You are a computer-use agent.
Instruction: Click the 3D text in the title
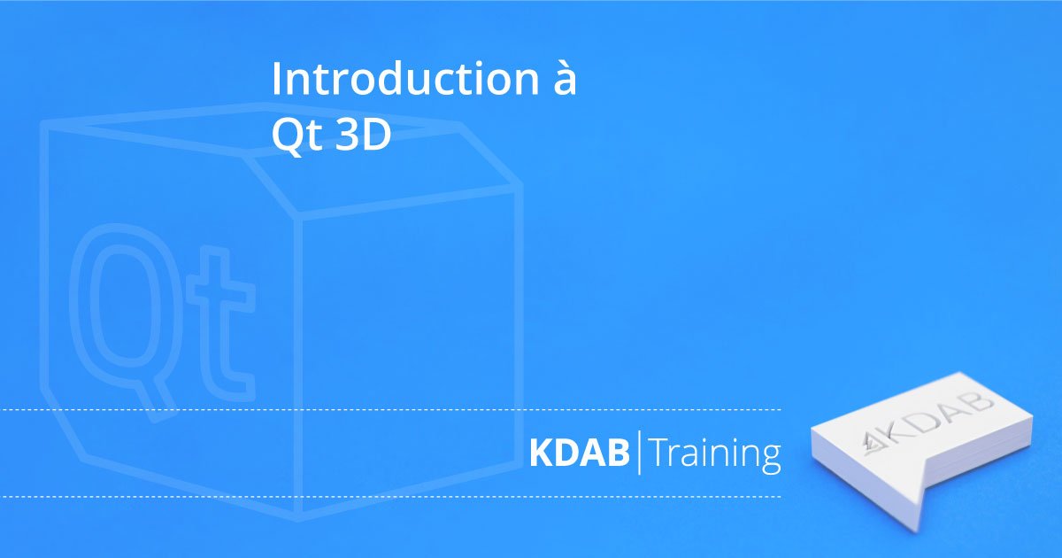point(363,135)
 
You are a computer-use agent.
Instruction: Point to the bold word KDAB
point(580,453)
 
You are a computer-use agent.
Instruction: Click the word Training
point(715,454)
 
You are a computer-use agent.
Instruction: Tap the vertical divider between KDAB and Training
point(640,453)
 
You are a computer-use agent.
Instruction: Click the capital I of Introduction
point(277,79)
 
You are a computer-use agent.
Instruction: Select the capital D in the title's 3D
point(375,135)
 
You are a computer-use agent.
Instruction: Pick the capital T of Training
point(661,453)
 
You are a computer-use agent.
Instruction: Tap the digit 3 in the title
point(345,135)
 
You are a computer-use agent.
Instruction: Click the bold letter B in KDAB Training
point(619,453)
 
